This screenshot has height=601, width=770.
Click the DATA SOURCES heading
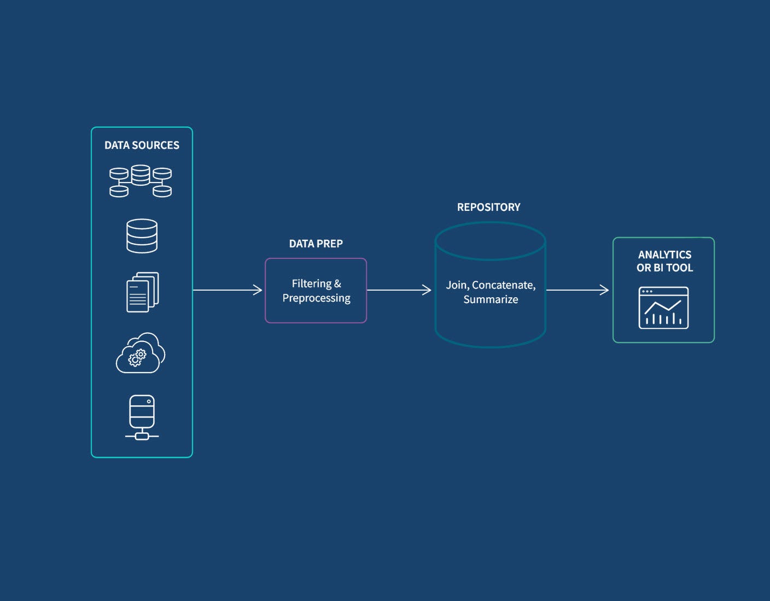(x=142, y=145)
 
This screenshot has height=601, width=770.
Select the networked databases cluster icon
(x=141, y=181)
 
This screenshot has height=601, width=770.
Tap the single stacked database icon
(x=142, y=236)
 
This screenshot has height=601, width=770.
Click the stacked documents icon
(x=142, y=292)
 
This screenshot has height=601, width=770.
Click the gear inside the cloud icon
(x=137, y=358)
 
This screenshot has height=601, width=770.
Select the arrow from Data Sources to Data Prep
(x=227, y=290)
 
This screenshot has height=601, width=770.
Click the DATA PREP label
(x=316, y=244)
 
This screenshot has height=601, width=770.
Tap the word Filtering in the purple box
(x=311, y=284)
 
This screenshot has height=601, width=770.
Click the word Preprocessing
(x=316, y=298)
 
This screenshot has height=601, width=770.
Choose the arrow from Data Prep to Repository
(x=399, y=290)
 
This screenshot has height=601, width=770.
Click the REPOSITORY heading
(x=488, y=208)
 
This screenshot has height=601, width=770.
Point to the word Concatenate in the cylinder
(x=503, y=285)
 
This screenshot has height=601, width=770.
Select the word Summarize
(x=491, y=299)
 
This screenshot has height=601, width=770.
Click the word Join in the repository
(x=456, y=285)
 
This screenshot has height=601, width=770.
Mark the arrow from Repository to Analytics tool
(x=577, y=290)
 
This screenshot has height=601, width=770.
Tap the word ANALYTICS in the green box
(x=664, y=255)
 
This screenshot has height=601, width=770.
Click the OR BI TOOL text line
(x=664, y=268)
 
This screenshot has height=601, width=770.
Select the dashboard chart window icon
(x=663, y=308)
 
